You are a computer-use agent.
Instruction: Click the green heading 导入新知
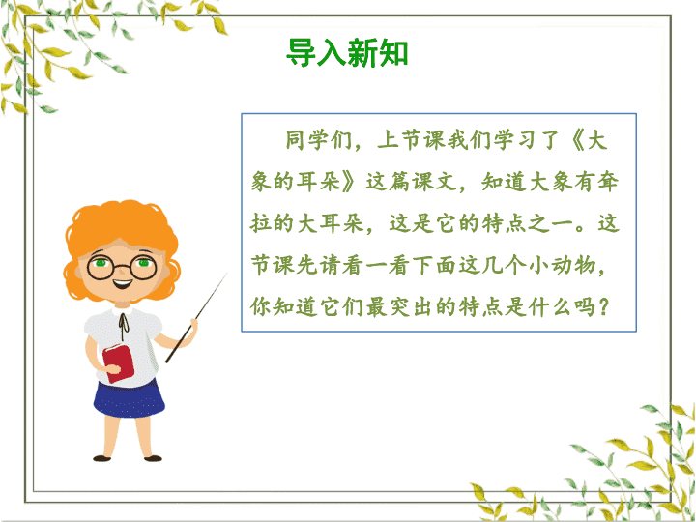coord(347,52)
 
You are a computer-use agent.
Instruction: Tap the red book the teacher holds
coord(118,362)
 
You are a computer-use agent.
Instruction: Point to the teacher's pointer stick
coord(195,318)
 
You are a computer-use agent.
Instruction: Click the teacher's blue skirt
coord(129,397)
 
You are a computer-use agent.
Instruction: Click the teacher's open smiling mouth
coord(122,282)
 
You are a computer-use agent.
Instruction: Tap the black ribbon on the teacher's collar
coord(124,321)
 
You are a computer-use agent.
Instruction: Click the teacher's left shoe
coord(101,458)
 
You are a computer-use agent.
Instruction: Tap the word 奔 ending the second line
coord(607,182)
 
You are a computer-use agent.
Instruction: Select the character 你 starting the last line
coord(261,306)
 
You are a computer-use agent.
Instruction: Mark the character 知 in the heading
coord(393,52)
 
